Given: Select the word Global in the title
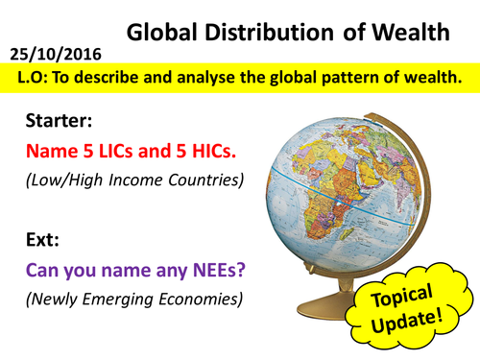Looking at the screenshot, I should pyautogui.click(x=164, y=31).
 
